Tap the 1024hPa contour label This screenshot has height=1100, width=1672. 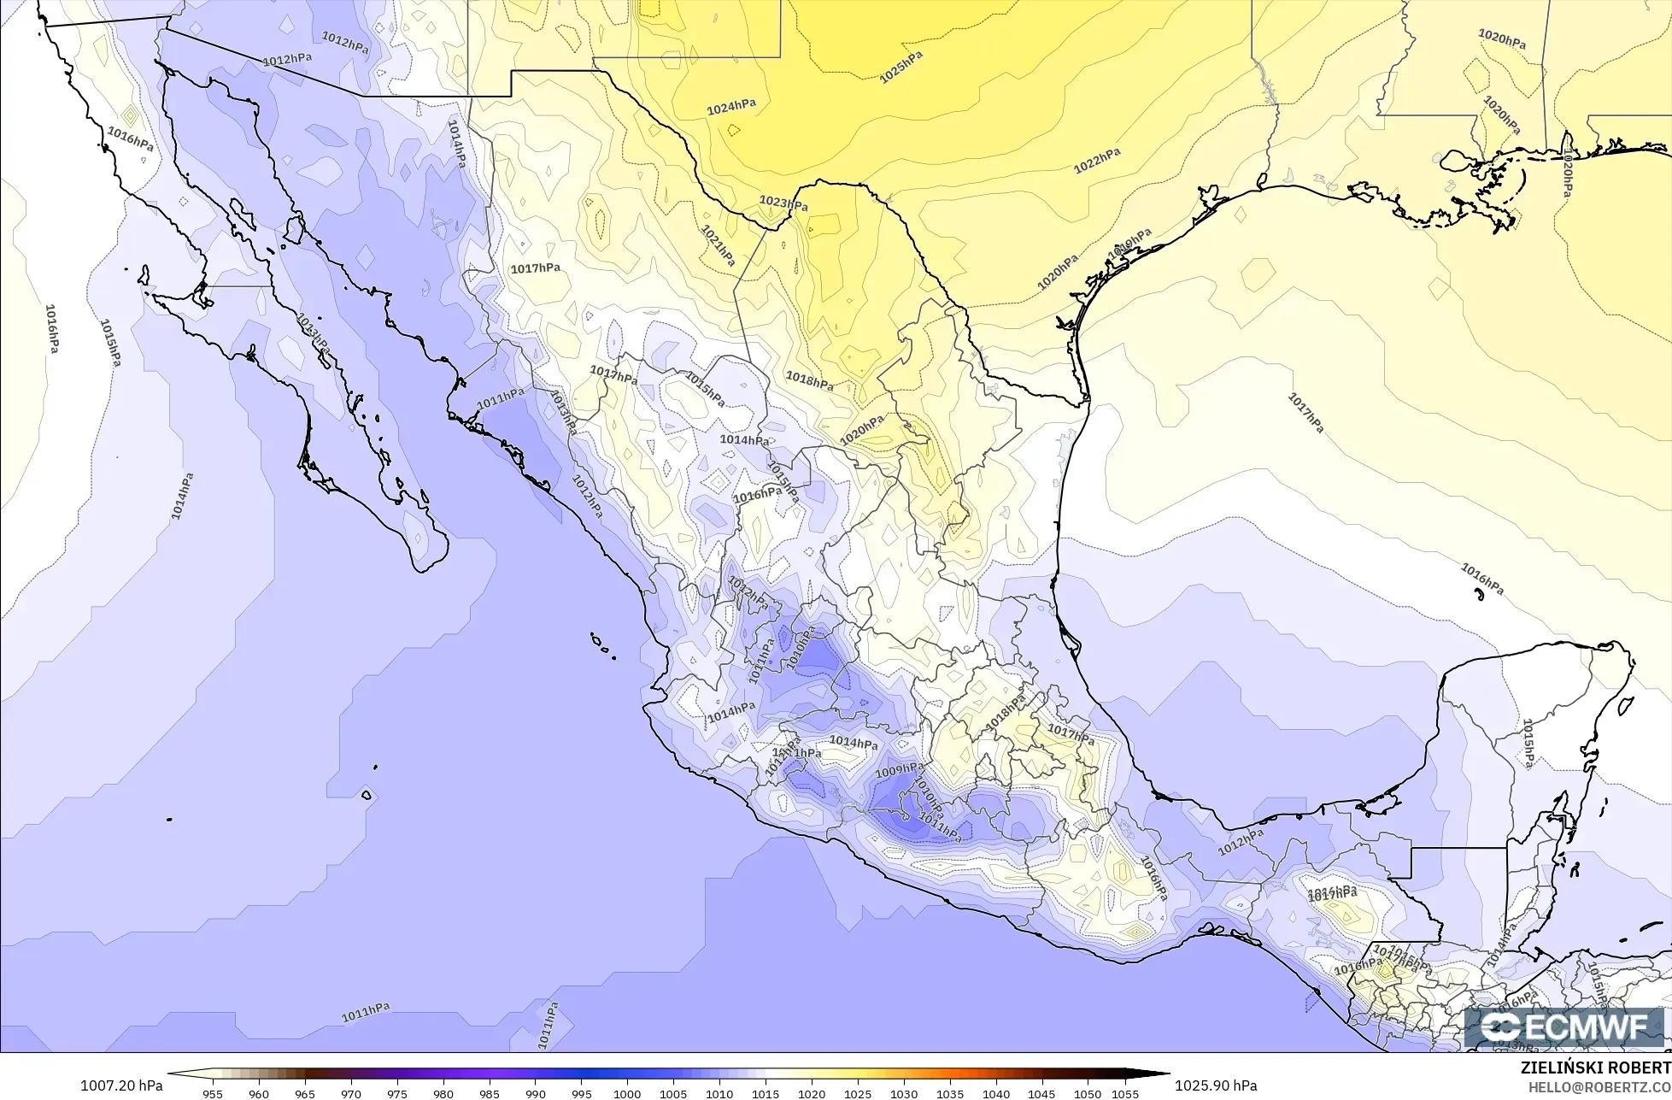tap(731, 107)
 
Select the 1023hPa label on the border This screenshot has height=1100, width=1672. tap(783, 203)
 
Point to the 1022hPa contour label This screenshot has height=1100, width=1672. tap(1097, 161)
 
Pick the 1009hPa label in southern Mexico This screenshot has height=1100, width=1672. tap(900, 771)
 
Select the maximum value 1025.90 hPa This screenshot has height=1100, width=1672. tap(1216, 1085)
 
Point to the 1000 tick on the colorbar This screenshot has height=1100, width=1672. tap(627, 1093)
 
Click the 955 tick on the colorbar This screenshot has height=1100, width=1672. tap(213, 1093)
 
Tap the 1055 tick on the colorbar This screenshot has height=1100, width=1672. tap(1126, 1093)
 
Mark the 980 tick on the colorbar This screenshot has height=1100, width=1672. tap(443, 1093)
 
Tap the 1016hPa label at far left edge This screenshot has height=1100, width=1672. tap(52, 329)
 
